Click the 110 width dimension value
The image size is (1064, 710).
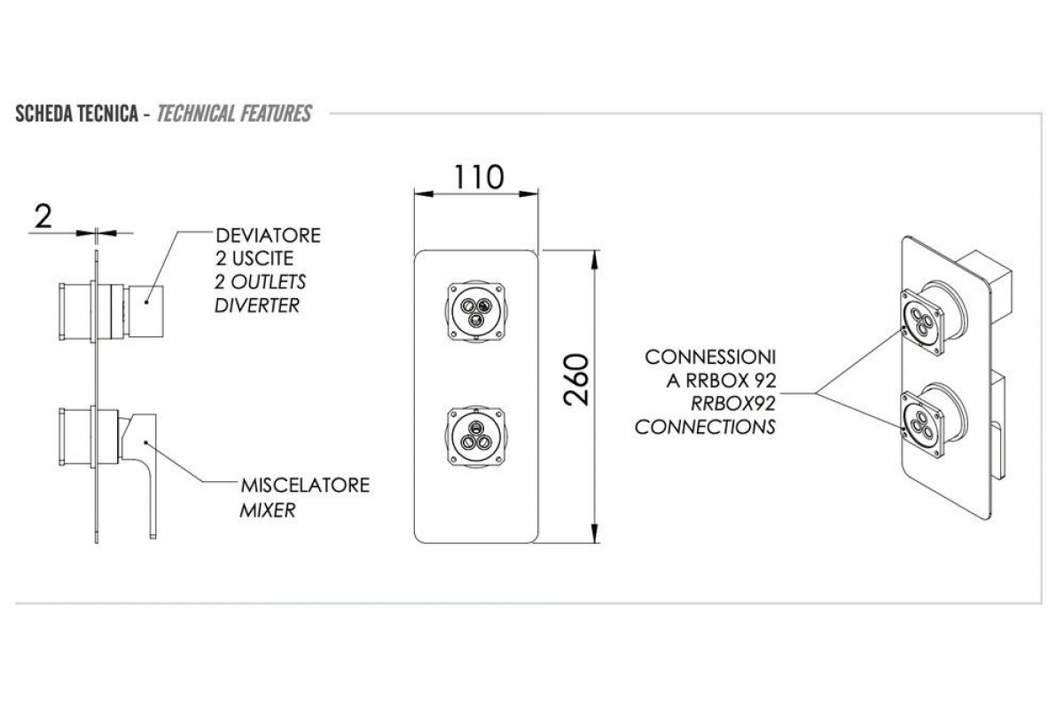coord(480,176)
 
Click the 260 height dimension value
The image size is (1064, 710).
coord(576,380)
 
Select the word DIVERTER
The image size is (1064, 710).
coord(257,305)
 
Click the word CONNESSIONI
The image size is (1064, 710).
coord(711,358)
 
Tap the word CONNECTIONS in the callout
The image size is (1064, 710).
coord(705,426)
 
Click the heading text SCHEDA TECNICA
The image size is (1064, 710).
coord(74,114)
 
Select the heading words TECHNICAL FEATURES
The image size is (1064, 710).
coord(233,114)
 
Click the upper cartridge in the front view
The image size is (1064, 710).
coord(477,311)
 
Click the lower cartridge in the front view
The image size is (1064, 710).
coord(477,433)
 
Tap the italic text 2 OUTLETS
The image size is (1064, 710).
coord(261,282)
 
